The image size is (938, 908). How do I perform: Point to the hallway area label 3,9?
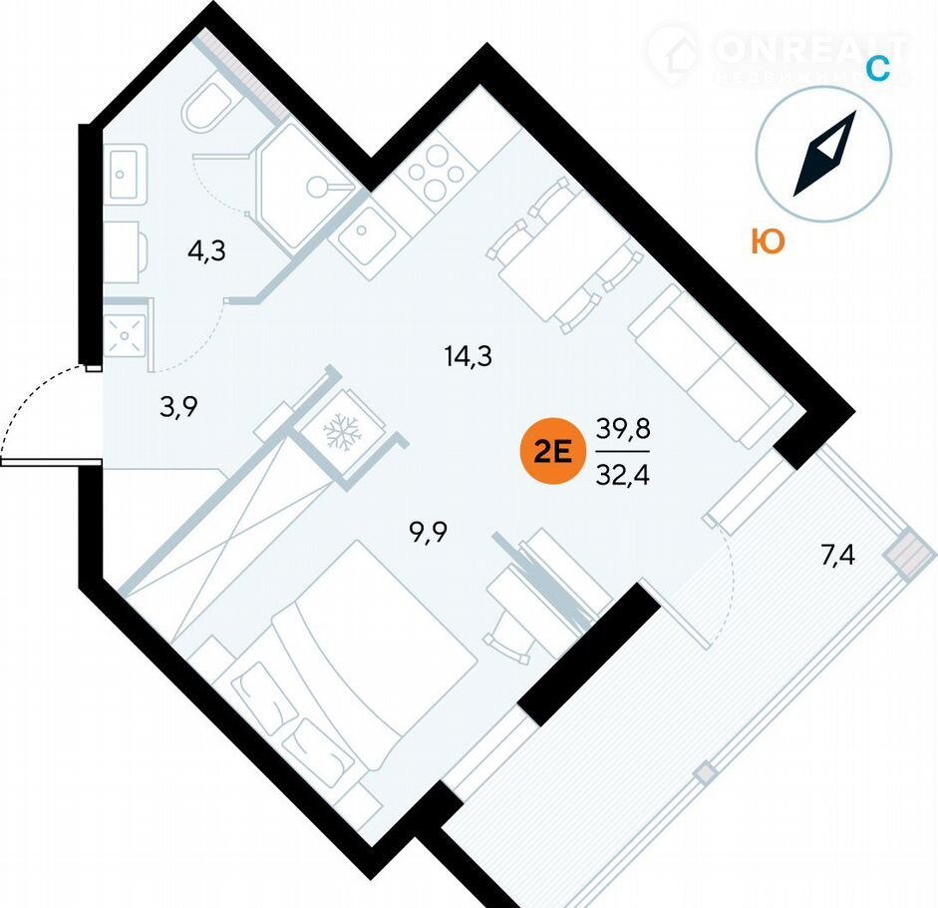tap(179, 406)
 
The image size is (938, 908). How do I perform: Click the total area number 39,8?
tap(622, 430)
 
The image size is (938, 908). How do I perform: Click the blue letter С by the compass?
tap(876, 68)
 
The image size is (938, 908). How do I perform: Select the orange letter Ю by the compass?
tap(767, 241)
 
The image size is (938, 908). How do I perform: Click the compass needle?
tap(825, 154)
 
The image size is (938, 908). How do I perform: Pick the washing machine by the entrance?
tap(128, 329)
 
